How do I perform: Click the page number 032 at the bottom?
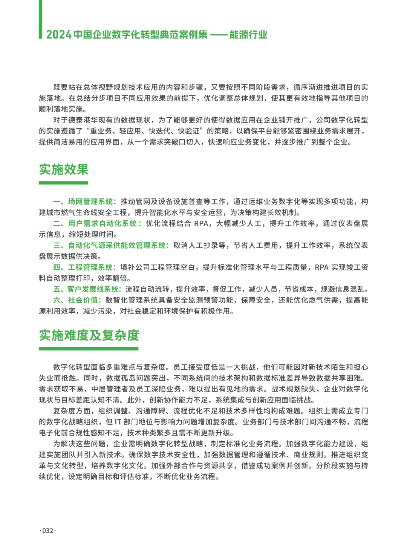48,530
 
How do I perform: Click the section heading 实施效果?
64,170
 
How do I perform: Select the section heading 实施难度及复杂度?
89,335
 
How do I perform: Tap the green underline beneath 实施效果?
63,183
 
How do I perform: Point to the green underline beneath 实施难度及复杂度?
89,349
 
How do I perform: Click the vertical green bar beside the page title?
40,19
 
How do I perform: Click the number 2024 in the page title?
59,35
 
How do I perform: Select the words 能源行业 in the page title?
248,35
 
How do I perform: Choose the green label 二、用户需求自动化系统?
97,223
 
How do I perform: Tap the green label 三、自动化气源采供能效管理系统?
111,245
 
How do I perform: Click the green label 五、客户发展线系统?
87,289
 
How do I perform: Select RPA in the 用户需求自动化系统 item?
201,223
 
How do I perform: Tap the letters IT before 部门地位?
118,422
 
